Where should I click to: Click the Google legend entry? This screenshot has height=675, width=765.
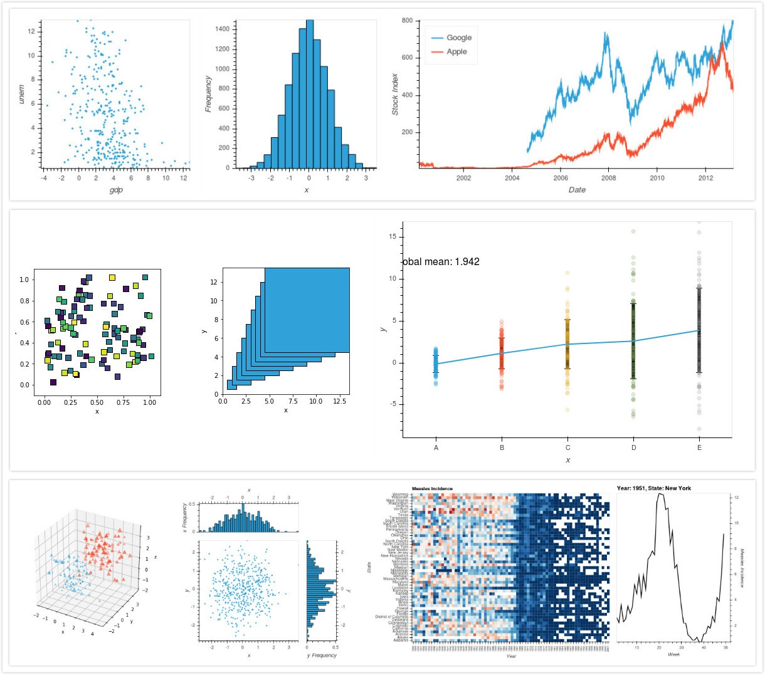pos(458,38)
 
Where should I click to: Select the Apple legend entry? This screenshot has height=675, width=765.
pos(456,51)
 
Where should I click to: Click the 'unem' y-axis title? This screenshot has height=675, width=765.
pos(22,95)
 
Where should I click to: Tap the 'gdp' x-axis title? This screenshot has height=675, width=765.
pos(116,190)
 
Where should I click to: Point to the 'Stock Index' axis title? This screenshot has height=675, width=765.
pos(395,94)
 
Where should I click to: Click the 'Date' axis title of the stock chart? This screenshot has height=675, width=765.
pos(577,190)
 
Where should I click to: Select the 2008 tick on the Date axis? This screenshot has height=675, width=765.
pos(609,178)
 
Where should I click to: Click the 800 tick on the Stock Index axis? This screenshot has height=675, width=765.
pos(407,21)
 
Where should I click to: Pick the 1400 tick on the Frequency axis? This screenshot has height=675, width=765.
pos(223,29)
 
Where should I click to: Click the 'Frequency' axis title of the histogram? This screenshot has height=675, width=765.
pos(209,94)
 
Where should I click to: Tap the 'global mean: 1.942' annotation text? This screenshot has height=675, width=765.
pos(440,262)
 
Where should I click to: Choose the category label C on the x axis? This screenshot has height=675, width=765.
pos(568,447)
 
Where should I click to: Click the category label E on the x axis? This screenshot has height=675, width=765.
pos(699,447)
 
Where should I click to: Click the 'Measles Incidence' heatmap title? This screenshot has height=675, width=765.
pos(432,489)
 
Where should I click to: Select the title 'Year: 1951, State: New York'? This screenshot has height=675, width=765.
pos(653,488)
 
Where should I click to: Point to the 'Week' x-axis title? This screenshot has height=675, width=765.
pos(673,654)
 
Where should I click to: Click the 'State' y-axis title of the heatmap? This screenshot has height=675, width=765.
pos(369,567)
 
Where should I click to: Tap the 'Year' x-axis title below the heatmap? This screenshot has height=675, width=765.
pos(511,656)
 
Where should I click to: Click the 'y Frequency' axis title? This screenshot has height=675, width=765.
pos(322,656)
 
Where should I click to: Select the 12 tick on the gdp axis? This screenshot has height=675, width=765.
pos(183,178)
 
